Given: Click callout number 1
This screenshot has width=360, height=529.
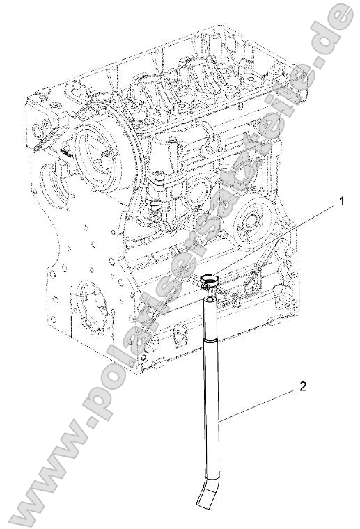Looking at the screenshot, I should (342, 202).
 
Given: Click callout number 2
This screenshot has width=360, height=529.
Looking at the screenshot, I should (302, 385).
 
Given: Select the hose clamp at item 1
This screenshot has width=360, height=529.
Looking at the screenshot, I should (208, 282).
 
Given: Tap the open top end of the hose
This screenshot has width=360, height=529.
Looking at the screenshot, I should (210, 299).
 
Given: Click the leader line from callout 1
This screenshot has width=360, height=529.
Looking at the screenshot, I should (279, 240).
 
